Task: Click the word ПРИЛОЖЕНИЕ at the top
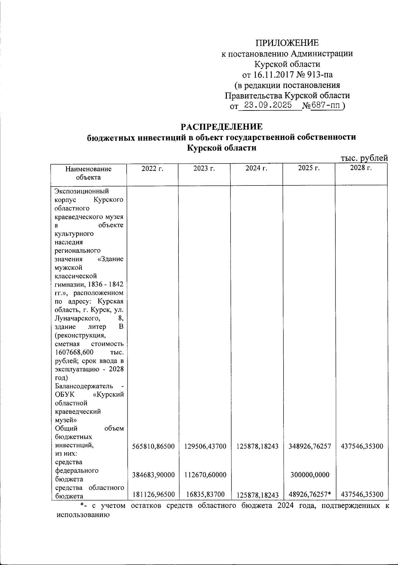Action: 287,43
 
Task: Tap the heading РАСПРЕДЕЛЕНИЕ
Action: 221,127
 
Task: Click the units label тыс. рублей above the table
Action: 364,158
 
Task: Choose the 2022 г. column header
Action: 153,168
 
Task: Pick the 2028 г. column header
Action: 361,168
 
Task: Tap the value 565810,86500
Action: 153,447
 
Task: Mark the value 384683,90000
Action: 153,475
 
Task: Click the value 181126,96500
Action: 153,495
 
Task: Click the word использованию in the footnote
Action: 81,516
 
